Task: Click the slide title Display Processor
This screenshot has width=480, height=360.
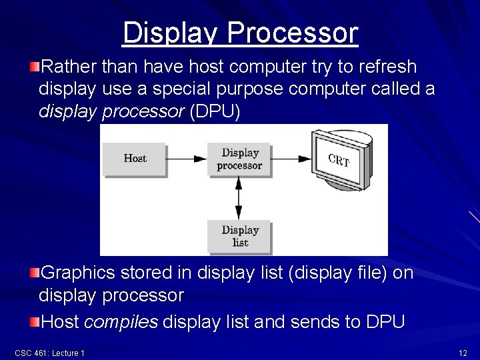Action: [x=240, y=33]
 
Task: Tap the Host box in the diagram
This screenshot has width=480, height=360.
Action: [x=135, y=159]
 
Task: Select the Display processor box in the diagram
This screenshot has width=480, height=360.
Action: [x=239, y=159]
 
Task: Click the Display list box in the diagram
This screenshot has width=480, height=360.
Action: [x=239, y=236]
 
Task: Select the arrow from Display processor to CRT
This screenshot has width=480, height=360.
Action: [x=291, y=159]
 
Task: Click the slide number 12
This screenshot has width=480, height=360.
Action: [x=463, y=353]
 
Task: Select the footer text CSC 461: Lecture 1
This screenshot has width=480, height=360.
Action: [x=49, y=353]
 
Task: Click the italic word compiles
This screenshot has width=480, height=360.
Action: [x=121, y=323]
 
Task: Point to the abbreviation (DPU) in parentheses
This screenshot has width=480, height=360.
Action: [x=215, y=112]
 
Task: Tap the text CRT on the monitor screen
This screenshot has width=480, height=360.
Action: [x=339, y=160]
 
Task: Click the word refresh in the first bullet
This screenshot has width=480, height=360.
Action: [x=387, y=67]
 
